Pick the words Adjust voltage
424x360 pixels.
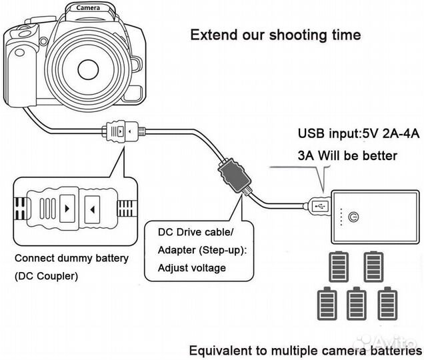point(191,268)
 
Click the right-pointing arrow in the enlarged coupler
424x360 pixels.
point(67,208)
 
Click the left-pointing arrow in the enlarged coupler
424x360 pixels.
point(93,208)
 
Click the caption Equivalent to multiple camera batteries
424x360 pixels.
point(305,351)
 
